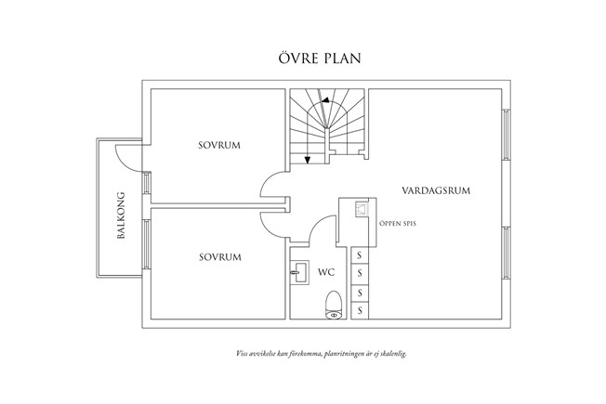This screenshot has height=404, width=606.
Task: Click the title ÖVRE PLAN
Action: (303, 58)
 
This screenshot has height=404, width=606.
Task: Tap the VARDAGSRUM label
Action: (435, 190)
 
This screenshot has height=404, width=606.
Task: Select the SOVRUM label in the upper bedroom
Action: (218, 146)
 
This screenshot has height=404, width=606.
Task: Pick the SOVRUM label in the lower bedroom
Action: (220, 256)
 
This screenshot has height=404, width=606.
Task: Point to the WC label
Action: (326, 273)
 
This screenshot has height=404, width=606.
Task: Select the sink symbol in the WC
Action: (300, 273)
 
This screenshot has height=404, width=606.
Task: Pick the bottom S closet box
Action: (359, 311)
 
